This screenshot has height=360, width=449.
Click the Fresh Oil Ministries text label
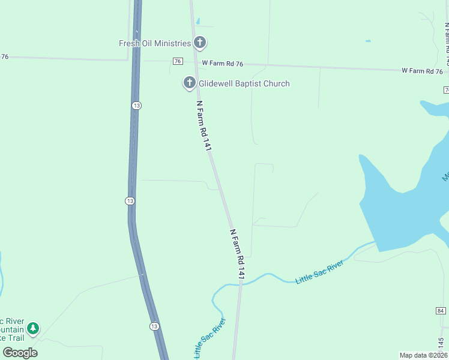pos(154,43)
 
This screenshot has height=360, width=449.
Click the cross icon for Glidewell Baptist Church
pos(190,83)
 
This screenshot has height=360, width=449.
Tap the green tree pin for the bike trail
pos(34,328)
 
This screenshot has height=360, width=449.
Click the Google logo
pos(20,353)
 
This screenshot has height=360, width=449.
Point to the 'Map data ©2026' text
pos(423,355)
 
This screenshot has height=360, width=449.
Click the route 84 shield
pos(441,310)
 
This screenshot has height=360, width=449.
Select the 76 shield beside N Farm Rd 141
pos(177,61)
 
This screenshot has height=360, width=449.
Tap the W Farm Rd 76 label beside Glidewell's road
pos(223,63)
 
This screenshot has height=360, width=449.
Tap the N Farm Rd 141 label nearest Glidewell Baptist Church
pos(205,125)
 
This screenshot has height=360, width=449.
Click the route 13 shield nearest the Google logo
pos(154,326)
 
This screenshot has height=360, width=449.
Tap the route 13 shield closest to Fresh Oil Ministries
pos(137,105)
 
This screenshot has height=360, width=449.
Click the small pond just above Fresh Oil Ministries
pos(197,20)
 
